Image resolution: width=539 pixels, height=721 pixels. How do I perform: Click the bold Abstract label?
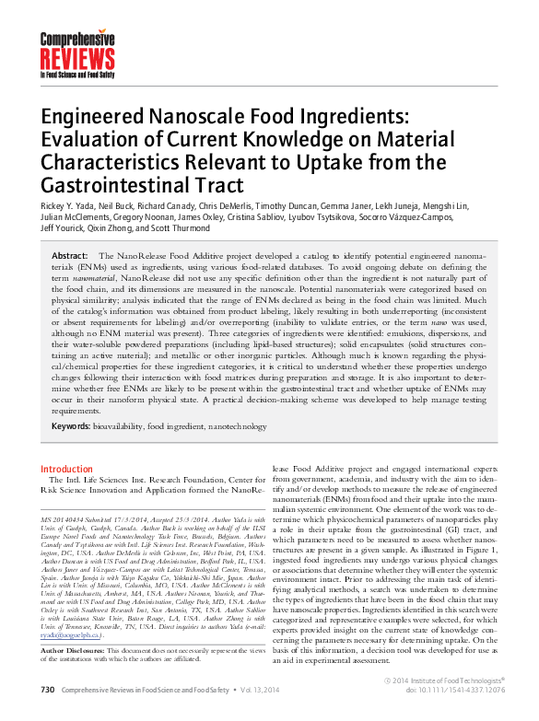[x=70, y=255]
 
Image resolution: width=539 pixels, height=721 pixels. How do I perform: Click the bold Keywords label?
[x=72, y=426]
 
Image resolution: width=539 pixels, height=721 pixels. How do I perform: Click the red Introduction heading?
[x=67, y=469]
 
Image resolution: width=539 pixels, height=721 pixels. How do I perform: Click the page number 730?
[x=48, y=713]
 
